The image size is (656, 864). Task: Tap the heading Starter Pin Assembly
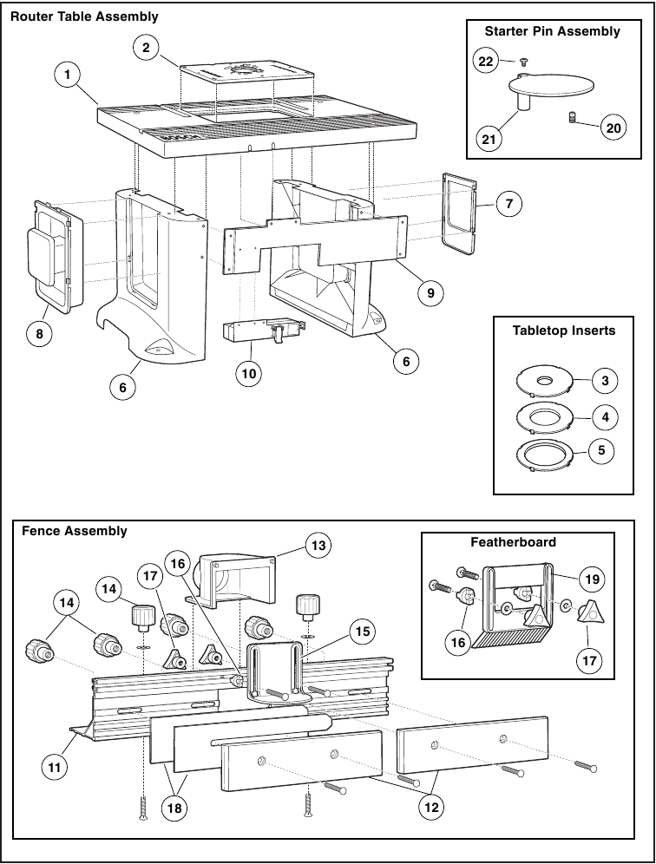click(x=552, y=31)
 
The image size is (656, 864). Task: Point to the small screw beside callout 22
click(x=523, y=62)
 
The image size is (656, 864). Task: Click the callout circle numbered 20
click(x=613, y=128)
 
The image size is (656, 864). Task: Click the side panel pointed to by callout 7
click(x=459, y=213)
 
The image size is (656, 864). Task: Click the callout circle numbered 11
click(x=54, y=765)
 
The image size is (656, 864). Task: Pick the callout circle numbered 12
click(x=430, y=806)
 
